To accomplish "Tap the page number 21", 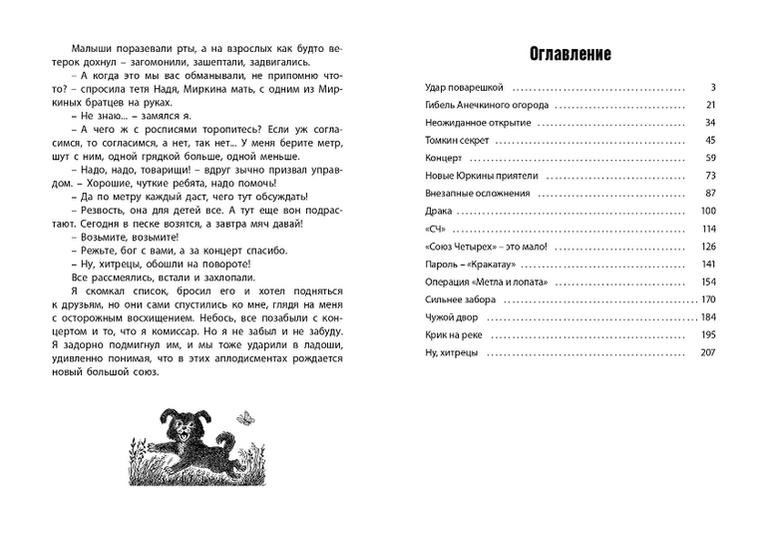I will coord(711,105).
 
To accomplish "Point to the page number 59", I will coord(711,158).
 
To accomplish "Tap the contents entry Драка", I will coord(438,211).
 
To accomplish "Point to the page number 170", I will coord(708,299).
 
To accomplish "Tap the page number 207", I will coord(708,352).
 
